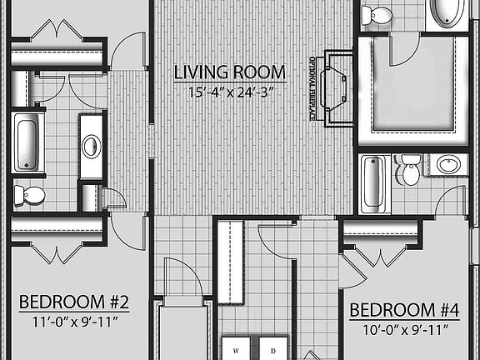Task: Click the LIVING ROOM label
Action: pyautogui.click(x=229, y=72)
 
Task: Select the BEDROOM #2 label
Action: pyautogui.click(x=73, y=301)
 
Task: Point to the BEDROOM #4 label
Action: pyautogui.click(x=404, y=311)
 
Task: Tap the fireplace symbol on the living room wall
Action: pyautogui.click(x=337, y=86)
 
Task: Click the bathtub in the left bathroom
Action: pyautogui.click(x=26, y=142)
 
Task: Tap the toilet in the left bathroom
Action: pyautogui.click(x=30, y=194)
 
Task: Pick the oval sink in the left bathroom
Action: pyautogui.click(x=91, y=146)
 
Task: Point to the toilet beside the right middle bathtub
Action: pyautogui.click(x=410, y=171)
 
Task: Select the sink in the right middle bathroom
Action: pyautogui.click(x=450, y=164)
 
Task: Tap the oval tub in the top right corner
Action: pyautogui.click(x=451, y=14)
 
